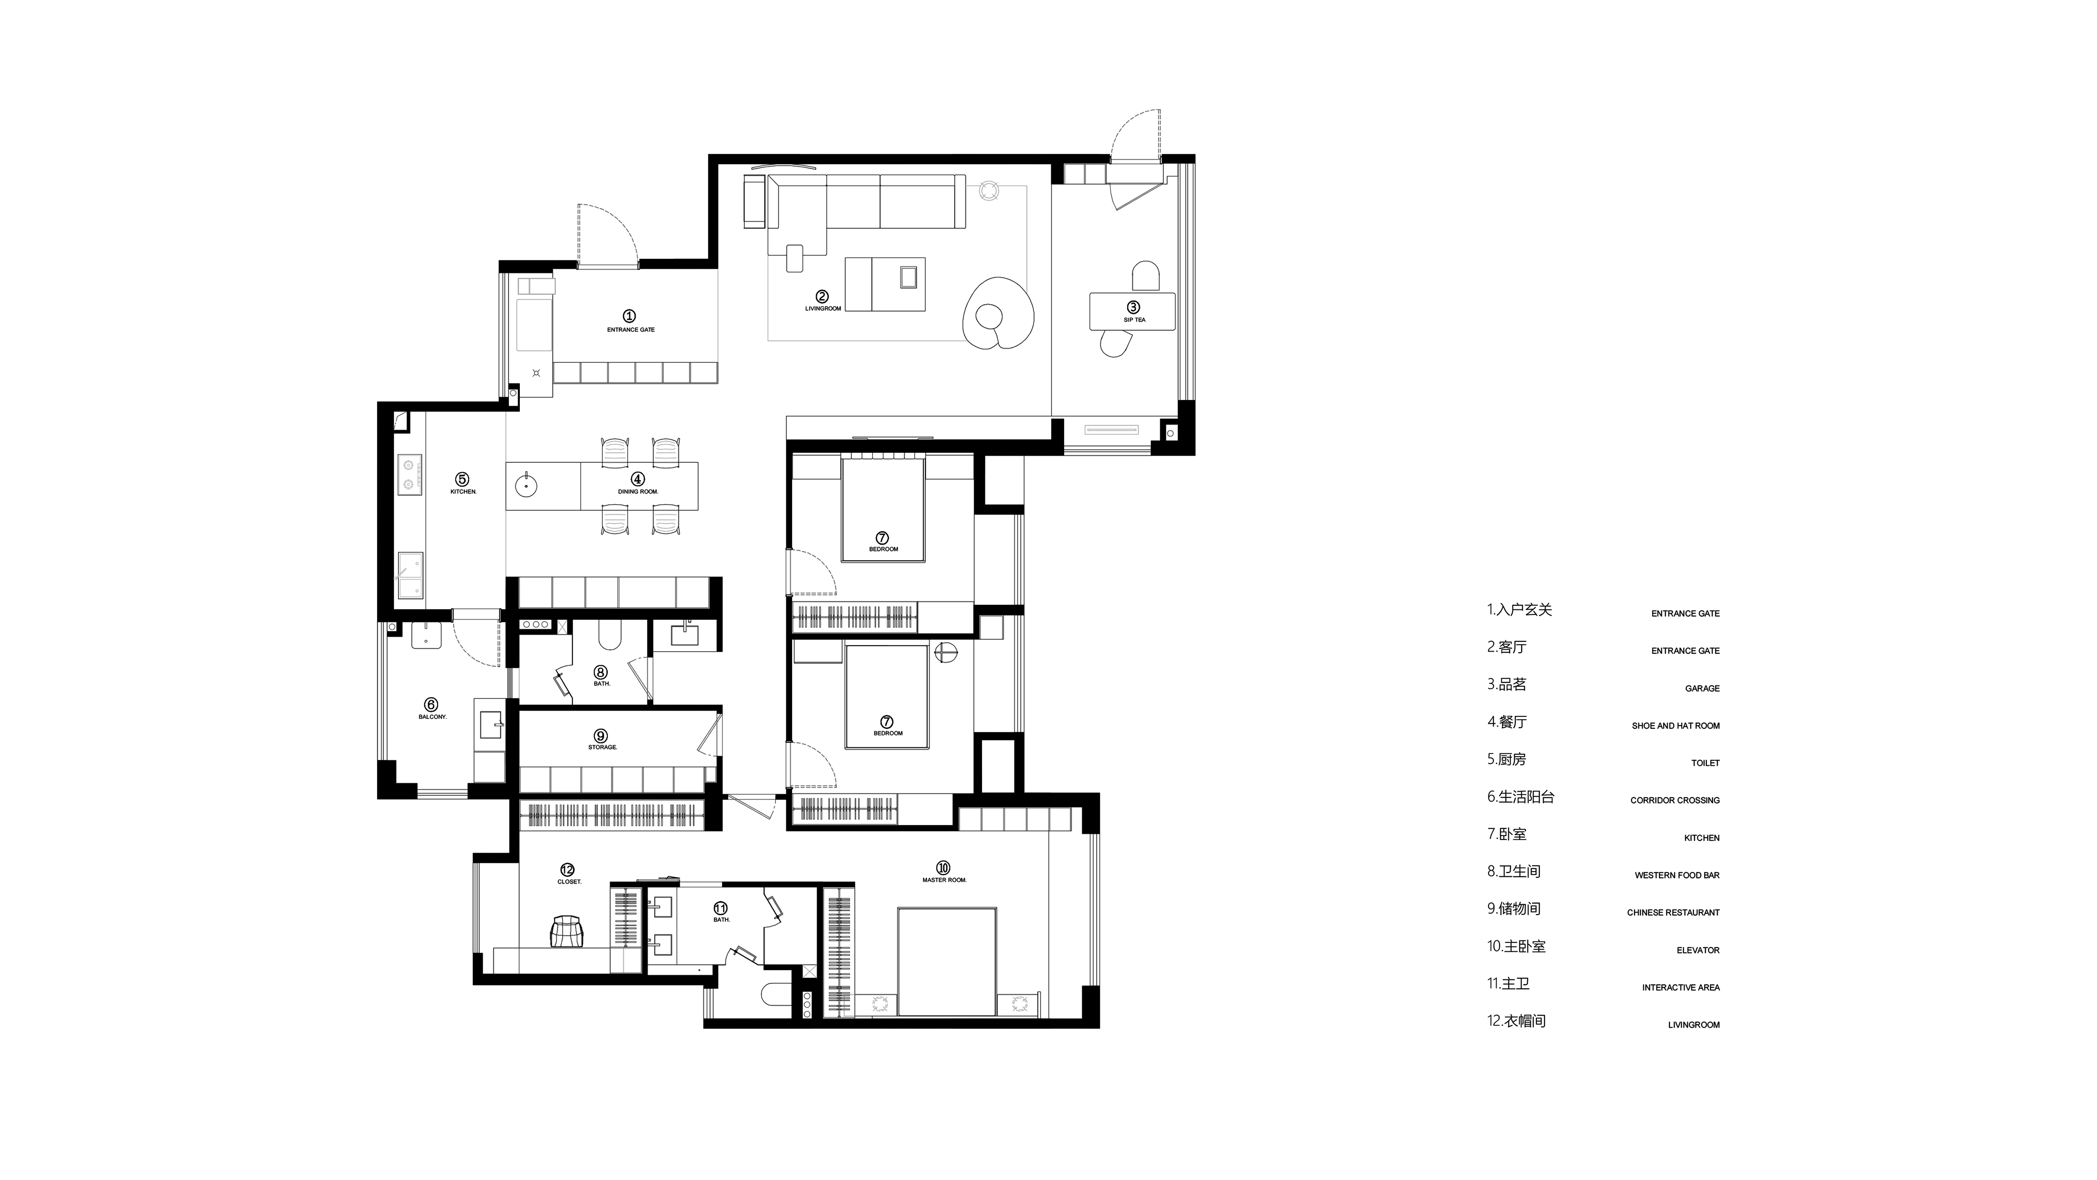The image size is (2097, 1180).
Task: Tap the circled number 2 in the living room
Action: [x=822, y=296]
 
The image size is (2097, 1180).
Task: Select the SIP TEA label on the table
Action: [x=1134, y=320]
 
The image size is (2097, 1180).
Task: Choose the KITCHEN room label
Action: [x=463, y=492]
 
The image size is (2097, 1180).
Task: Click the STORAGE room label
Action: [x=602, y=748]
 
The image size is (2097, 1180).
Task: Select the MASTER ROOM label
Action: [x=944, y=880]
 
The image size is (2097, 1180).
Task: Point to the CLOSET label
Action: [x=569, y=882]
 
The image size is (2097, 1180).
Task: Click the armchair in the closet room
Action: [x=568, y=932]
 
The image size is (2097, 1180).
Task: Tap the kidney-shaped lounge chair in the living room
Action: [x=998, y=313]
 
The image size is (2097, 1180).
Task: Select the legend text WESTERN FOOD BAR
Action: [x=1677, y=875]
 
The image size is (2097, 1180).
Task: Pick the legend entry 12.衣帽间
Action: [x=1516, y=1021]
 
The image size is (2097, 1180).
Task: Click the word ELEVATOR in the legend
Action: [x=1698, y=951]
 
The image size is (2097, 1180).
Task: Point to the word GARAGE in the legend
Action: [x=1702, y=688]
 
